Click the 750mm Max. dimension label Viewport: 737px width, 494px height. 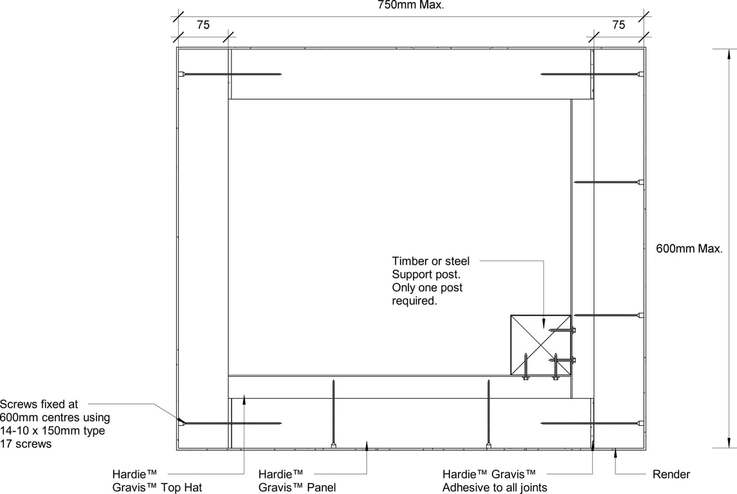411,5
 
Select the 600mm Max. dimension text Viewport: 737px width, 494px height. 689,249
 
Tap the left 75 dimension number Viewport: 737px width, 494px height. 203,24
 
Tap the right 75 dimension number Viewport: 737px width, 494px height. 619,24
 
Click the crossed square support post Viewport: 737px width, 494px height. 540,345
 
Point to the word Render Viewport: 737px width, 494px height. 671,474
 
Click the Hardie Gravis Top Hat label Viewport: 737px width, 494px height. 157,481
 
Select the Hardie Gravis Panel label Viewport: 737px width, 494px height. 297,481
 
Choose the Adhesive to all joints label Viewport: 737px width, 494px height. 495,488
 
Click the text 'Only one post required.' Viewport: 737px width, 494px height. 427,294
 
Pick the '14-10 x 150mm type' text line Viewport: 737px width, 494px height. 53,430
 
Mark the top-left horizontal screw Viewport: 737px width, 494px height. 230,74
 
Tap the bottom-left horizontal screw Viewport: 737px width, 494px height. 230,423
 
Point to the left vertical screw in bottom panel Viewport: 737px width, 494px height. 333,414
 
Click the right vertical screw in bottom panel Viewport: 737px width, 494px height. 488,414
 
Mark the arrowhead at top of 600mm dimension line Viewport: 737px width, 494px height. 729,53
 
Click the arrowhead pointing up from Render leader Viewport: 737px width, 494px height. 615,453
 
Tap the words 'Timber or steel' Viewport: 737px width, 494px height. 430,261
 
